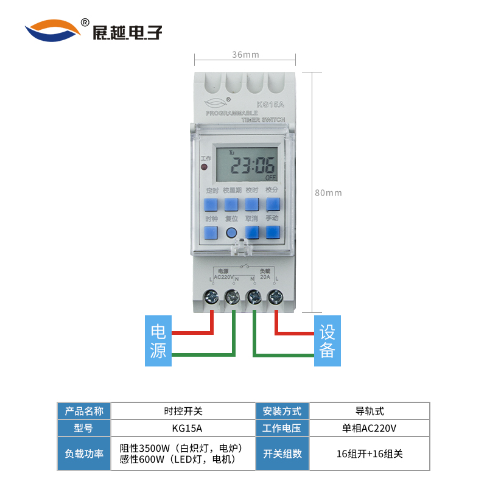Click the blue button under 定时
212,204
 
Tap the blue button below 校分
272,204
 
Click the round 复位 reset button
231,233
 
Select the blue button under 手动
272,232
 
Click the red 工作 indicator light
205,166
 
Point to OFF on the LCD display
270,178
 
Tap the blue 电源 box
158,341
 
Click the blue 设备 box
328,341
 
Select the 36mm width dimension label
245,55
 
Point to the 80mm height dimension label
328,193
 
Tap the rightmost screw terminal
275,297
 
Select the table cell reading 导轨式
370,411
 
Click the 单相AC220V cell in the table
370,428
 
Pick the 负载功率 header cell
84,454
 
